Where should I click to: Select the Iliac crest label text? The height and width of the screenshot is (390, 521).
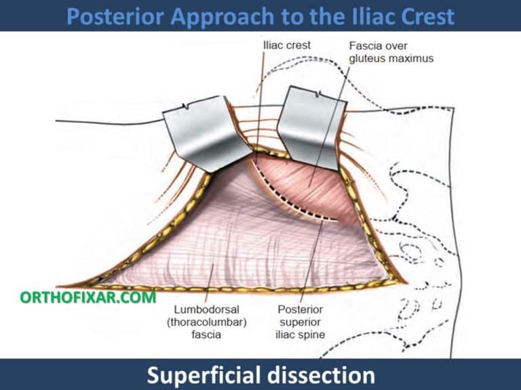[286, 45]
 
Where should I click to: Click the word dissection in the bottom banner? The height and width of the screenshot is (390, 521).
[324, 374]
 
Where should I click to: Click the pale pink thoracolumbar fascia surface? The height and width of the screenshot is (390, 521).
[224, 230]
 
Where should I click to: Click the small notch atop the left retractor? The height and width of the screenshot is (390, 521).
[187, 106]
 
